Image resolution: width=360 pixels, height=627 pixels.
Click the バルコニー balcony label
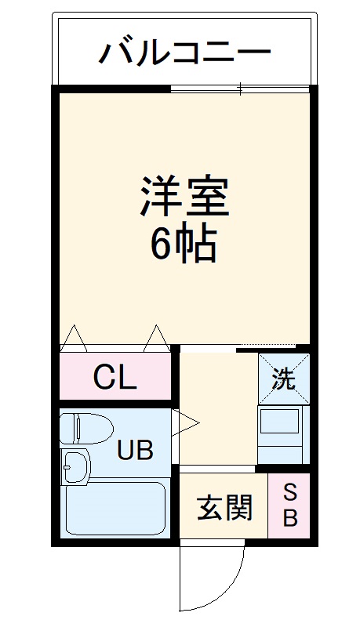[x=184, y=53]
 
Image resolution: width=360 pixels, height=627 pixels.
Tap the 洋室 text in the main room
[x=184, y=197]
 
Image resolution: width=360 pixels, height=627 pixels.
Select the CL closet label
[x=115, y=379]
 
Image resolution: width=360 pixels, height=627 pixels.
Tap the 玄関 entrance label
[x=224, y=508]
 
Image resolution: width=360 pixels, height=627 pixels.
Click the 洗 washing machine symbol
[x=284, y=379]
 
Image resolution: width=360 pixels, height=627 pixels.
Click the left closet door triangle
[x=74, y=339]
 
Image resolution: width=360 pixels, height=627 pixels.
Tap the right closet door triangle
[x=155, y=339]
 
